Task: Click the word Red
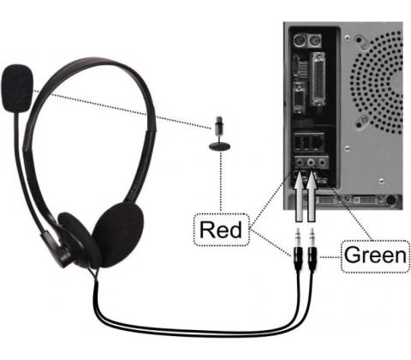click(x=221, y=230)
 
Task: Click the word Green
click(x=375, y=255)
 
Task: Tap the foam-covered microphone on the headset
click(x=17, y=88)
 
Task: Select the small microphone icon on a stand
click(x=219, y=133)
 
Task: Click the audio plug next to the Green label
click(x=313, y=250)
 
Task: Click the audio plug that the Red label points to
click(x=298, y=250)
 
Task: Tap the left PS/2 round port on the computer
click(x=300, y=41)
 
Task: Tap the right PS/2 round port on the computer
click(x=314, y=41)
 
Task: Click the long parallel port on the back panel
click(x=319, y=79)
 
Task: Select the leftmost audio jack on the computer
click(x=299, y=163)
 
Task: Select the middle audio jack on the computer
click(x=311, y=163)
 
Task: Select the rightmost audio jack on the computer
click(x=322, y=163)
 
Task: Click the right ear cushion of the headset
click(x=118, y=234)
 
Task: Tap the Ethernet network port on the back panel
click(x=317, y=141)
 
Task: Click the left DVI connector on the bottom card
click(x=325, y=200)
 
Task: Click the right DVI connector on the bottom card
click(x=362, y=200)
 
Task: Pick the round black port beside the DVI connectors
click(x=390, y=201)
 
